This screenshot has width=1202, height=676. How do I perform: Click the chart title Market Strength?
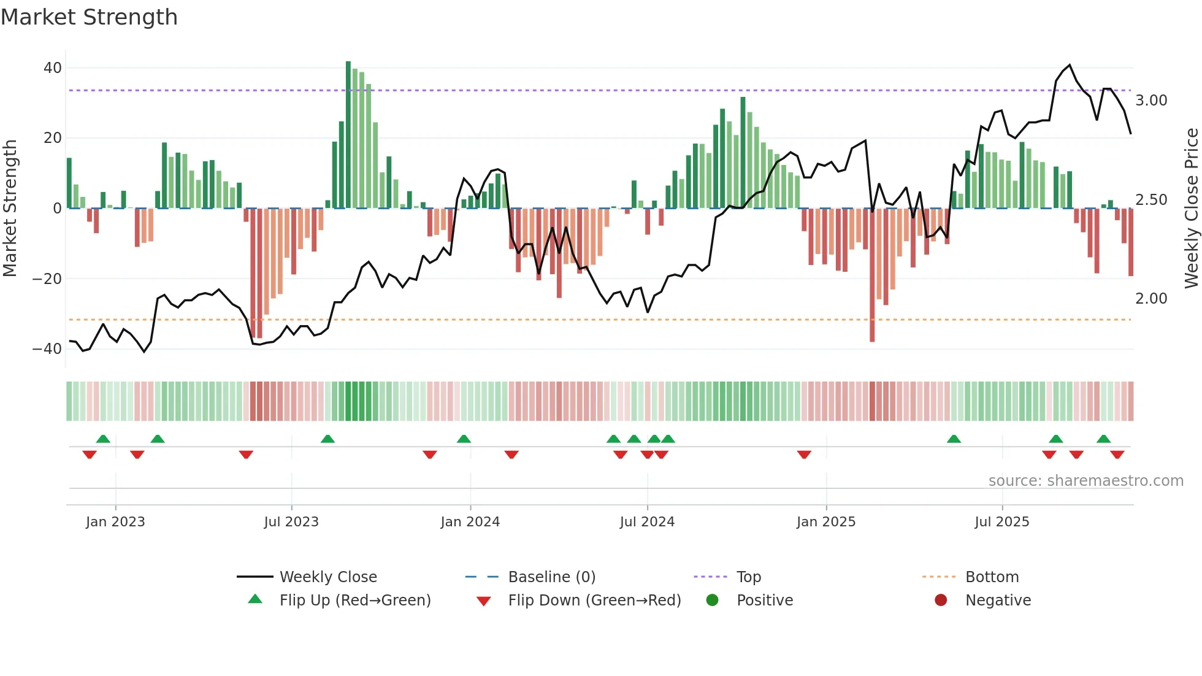click(x=89, y=17)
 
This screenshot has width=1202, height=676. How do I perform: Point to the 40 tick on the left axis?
click(x=53, y=68)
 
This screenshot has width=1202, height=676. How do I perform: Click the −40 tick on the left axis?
click(x=47, y=349)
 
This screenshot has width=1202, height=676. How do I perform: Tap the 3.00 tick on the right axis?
click(x=1151, y=101)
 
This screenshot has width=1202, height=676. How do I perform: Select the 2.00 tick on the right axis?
click(x=1151, y=299)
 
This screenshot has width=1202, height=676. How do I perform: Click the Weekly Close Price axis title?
click(x=1191, y=209)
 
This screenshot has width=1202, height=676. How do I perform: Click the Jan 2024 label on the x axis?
click(x=470, y=522)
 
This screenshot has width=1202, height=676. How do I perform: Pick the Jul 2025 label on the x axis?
click(x=1001, y=522)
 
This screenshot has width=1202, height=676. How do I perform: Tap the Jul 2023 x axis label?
click(x=291, y=522)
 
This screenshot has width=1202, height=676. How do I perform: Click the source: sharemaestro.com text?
click(x=1085, y=481)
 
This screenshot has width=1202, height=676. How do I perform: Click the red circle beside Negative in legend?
click(x=941, y=600)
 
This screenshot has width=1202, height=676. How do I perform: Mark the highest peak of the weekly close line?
click(x=1070, y=65)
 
